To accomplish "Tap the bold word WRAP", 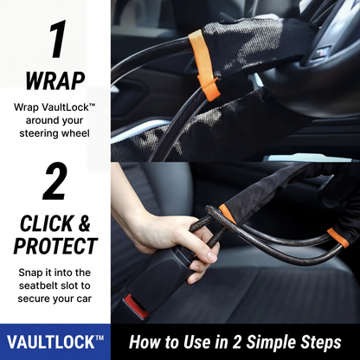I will pos(55,80).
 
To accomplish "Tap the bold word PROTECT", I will pos(55,246).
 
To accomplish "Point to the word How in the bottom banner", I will pos(146,342).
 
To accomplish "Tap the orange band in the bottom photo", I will pos(228,213).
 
